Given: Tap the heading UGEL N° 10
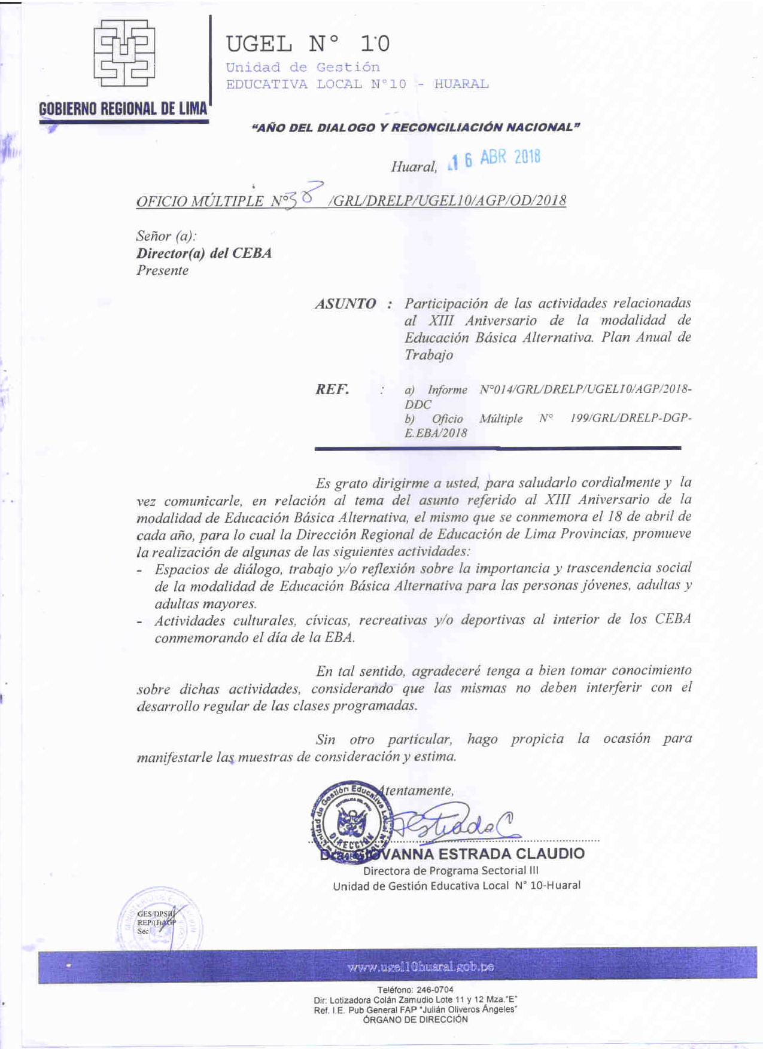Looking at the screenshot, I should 308,44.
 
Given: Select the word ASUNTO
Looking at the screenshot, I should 345,304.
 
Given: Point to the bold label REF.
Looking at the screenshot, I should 332,389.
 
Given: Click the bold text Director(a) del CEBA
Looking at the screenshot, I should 203,253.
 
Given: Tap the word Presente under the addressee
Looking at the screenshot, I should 162,270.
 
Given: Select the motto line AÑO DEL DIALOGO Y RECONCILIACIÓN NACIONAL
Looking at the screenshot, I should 417,127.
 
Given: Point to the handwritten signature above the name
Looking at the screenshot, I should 455,827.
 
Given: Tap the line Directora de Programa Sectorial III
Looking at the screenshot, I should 451,871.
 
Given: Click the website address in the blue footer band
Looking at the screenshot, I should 421,967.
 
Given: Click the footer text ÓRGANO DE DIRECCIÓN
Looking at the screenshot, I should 415,1020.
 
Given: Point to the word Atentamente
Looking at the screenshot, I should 419,791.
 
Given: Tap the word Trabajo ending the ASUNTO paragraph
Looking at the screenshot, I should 428,355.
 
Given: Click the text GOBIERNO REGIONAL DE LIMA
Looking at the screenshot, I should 123,109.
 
